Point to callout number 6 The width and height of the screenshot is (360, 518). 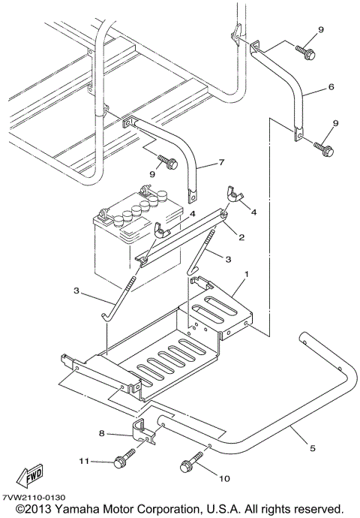331,86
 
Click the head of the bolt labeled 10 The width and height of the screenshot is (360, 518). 186,466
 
